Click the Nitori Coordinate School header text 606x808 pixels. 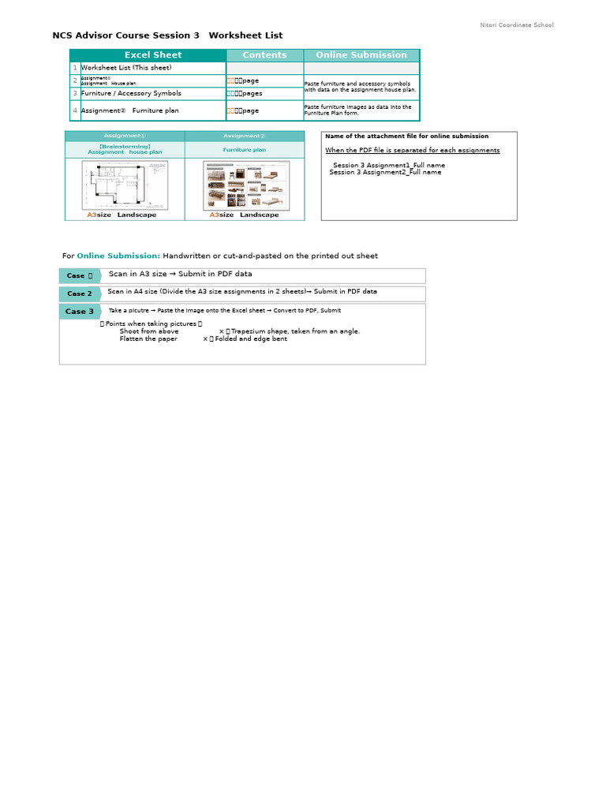tap(517, 25)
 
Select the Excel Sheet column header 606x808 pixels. tap(153, 55)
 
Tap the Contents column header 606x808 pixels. tap(264, 55)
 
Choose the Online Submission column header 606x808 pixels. tap(361, 55)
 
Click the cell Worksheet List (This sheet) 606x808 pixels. tap(125, 68)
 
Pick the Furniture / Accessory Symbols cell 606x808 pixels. tap(131, 93)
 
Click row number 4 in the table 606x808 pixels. tap(75, 110)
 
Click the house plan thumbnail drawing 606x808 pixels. tap(125, 185)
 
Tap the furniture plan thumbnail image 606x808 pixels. tap(245, 185)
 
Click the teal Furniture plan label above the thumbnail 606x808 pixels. tap(244, 149)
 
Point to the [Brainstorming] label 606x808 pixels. tap(125, 146)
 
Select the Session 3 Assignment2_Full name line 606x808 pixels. tap(385, 172)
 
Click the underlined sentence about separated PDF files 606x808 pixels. tap(412, 150)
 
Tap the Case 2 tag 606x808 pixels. tap(80, 294)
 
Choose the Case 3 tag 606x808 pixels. tap(80, 312)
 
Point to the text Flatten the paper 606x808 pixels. tap(148, 339)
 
